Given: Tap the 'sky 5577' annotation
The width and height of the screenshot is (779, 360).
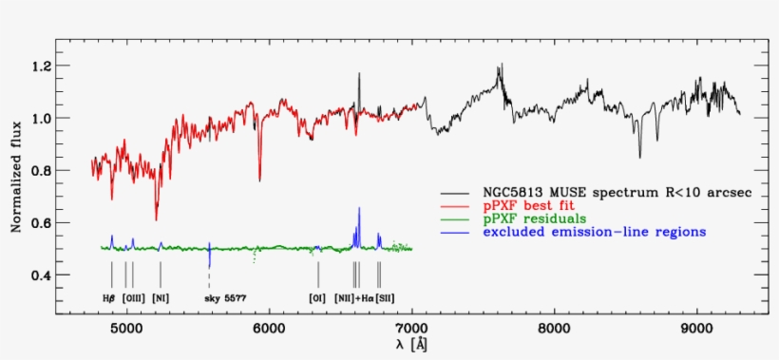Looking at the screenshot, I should click(225, 298).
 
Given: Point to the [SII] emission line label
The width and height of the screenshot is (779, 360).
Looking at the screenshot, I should click(385, 298).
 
